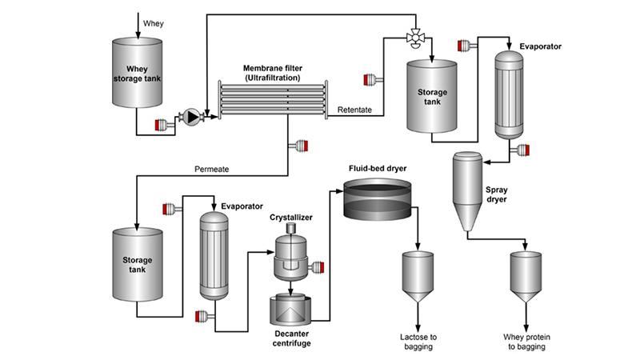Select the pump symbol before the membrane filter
pos(191,117)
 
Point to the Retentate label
pos(354,110)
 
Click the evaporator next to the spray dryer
pos(507,96)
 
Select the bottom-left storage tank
pos(137,265)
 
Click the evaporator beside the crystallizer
pos(214,256)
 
